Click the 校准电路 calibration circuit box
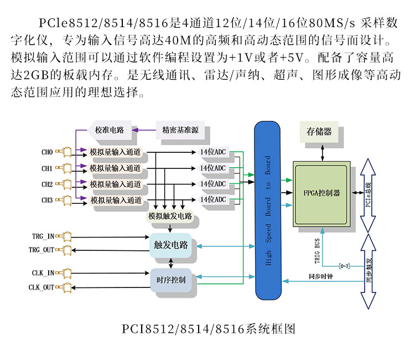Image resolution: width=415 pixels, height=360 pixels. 110,130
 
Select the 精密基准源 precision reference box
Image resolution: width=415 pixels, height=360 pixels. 180,130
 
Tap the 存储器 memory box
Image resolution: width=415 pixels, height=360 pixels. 319,132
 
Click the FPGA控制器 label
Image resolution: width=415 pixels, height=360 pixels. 321,193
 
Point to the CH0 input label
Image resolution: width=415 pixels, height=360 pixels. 47,152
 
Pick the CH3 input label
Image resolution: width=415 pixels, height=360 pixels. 47,200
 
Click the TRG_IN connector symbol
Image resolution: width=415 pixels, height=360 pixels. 64,236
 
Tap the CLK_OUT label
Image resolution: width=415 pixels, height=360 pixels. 41,287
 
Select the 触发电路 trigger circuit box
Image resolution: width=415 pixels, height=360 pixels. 171,245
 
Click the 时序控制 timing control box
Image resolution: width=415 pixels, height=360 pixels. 171,280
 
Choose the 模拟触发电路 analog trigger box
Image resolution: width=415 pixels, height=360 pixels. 170,216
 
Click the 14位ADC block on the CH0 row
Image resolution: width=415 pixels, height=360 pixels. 213,152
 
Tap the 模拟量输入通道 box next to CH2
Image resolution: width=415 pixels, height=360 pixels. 115,184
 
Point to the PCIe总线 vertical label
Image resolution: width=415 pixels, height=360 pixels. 368,195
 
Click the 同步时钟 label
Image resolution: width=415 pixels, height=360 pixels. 321,276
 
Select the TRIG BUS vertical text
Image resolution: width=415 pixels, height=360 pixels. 317,251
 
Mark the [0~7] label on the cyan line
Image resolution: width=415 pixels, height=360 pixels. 344,266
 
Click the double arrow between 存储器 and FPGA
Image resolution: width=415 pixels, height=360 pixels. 323,153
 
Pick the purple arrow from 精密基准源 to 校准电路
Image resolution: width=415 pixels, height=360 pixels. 144,130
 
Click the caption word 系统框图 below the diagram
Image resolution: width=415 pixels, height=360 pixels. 271,330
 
